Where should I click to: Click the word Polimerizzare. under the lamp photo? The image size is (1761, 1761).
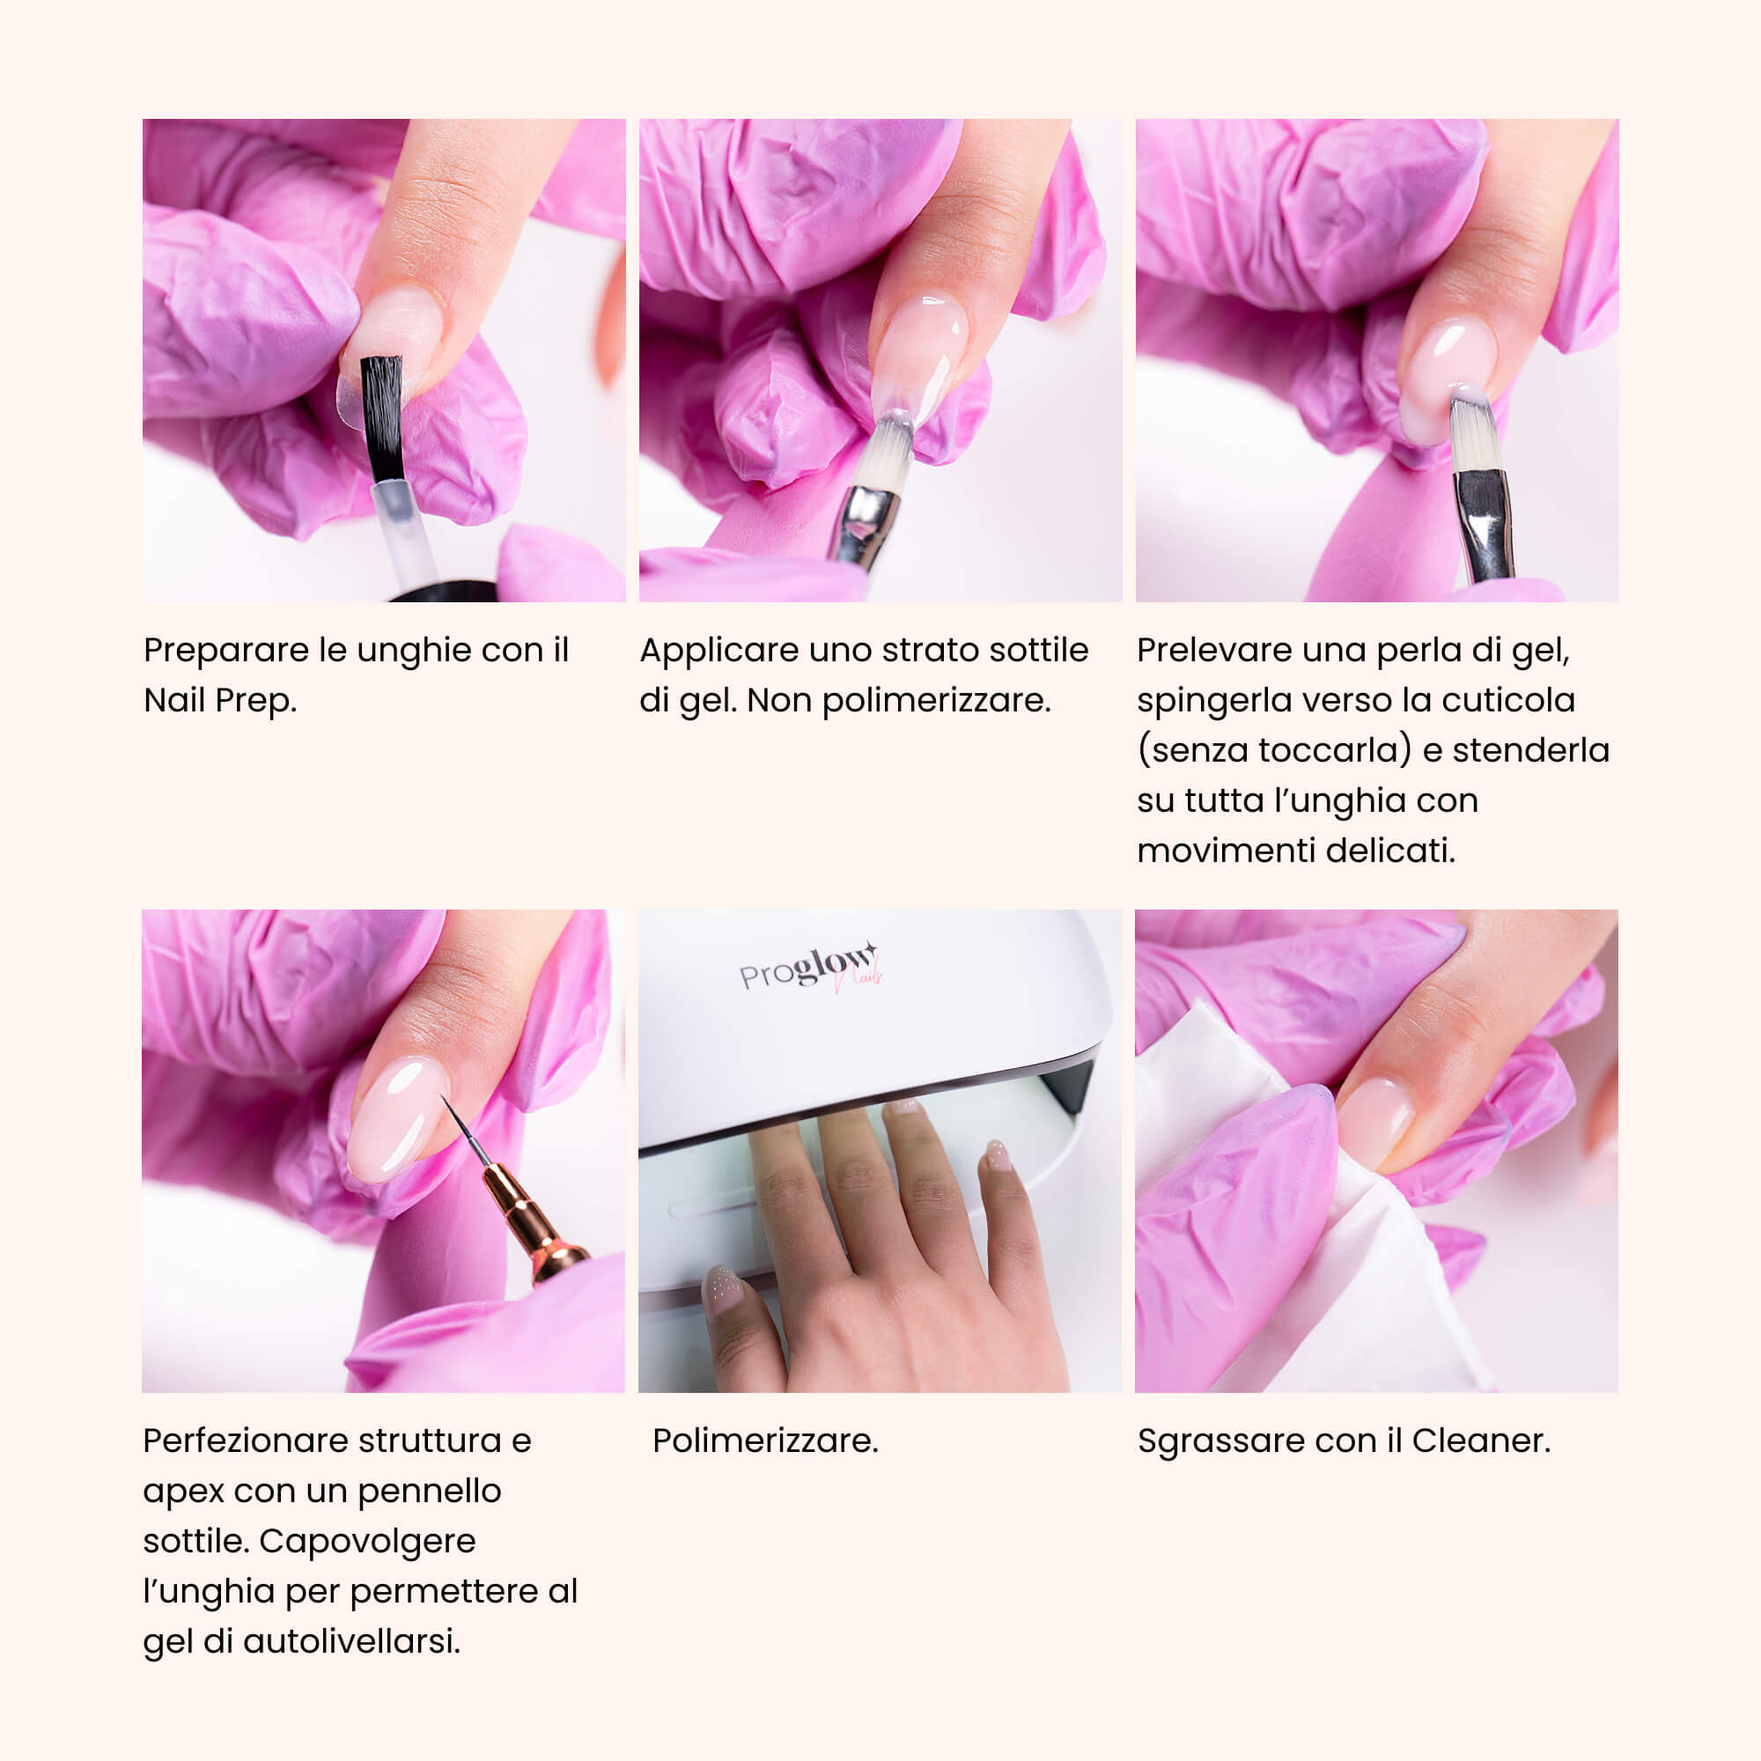(x=766, y=1441)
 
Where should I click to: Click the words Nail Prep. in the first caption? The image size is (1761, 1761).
(x=221, y=700)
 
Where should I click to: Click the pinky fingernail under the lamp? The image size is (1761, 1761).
(x=999, y=1155)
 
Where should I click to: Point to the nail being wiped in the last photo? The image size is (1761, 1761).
(x=1375, y=1123)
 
